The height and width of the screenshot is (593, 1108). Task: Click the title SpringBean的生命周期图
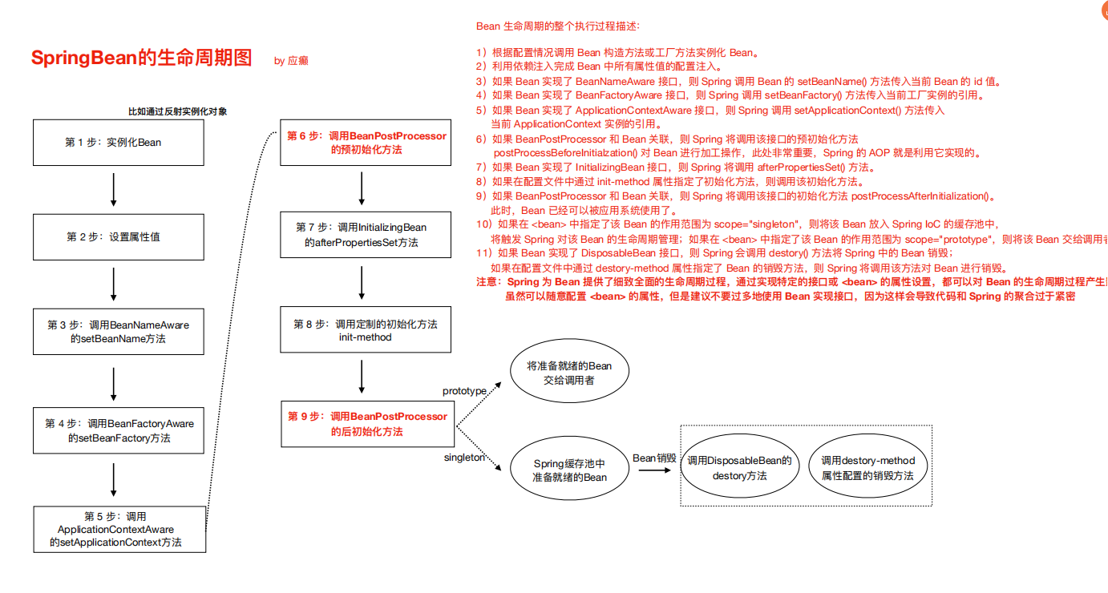pos(141,58)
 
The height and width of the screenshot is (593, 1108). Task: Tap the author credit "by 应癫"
pos(291,61)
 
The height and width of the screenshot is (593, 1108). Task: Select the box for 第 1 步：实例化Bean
pos(113,143)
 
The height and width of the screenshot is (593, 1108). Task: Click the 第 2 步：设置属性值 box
pos(113,237)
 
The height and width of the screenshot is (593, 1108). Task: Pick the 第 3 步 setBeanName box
pos(118,332)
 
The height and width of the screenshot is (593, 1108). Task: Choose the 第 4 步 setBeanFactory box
pos(119,431)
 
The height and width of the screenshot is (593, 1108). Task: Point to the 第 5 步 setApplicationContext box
pos(119,529)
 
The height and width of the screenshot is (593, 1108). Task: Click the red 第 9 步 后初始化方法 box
pos(367,424)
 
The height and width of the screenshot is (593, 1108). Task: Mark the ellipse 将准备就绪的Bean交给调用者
pos(568,373)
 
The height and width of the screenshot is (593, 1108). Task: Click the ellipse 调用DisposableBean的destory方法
pos(740,468)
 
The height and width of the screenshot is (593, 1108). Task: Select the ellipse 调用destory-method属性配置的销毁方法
pos(867,468)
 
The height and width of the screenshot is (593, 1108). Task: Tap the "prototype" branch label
pos(465,391)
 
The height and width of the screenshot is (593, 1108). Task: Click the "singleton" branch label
pos(465,458)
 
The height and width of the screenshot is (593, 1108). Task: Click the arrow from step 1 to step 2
pos(113,190)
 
